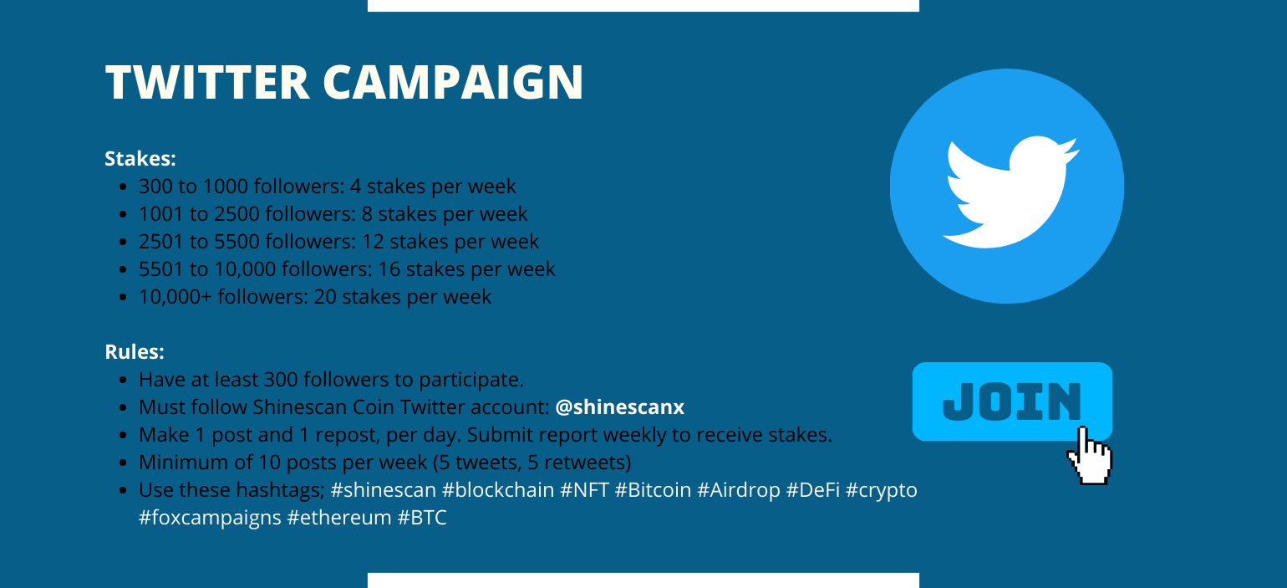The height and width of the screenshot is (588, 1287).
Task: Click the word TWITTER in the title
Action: [x=207, y=82]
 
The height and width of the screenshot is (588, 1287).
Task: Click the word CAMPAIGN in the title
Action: [x=453, y=82]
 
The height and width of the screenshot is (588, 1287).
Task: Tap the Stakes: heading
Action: [x=140, y=159]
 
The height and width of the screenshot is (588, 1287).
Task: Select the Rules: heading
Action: [x=135, y=352]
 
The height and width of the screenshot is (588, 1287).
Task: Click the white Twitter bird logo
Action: [x=1010, y=192]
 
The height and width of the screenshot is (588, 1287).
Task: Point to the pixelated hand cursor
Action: [x=1090, y=457]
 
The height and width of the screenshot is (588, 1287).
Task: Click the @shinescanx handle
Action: [x=620, y=407]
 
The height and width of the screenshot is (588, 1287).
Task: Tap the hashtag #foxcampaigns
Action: [x=210, y=518]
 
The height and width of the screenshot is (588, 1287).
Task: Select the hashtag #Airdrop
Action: [x=738, y=489]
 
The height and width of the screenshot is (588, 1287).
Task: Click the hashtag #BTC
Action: [x=422, y=517]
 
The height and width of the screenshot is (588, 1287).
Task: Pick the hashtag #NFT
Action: [x=584, y=489]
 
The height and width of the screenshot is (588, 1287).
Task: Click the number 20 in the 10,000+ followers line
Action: [x=324, y=297]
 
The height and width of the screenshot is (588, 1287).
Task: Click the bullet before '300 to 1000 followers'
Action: [x=122, y=187]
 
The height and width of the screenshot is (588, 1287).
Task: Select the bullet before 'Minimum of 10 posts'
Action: [x=122, y=463]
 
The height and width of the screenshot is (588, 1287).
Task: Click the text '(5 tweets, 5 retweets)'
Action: [x=532, y=463]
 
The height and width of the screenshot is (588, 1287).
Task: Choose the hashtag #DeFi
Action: [x=813, y=489]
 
